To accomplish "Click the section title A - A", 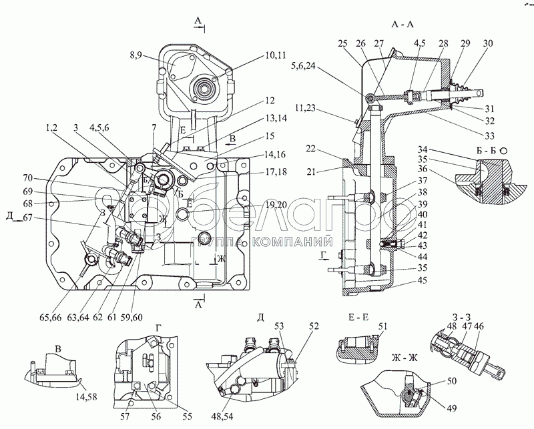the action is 403,24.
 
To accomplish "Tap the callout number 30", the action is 487,43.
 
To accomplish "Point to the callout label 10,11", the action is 275,55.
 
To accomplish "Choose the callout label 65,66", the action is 51,318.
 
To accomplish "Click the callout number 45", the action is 423,281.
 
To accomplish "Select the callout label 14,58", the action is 86,397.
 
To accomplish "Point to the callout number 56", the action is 157,416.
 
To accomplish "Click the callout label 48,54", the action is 222,416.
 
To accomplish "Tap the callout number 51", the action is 382,326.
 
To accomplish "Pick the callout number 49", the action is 451,408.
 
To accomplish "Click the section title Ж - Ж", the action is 405,358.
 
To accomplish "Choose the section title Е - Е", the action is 358,317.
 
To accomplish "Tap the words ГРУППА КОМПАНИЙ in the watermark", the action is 262,242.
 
